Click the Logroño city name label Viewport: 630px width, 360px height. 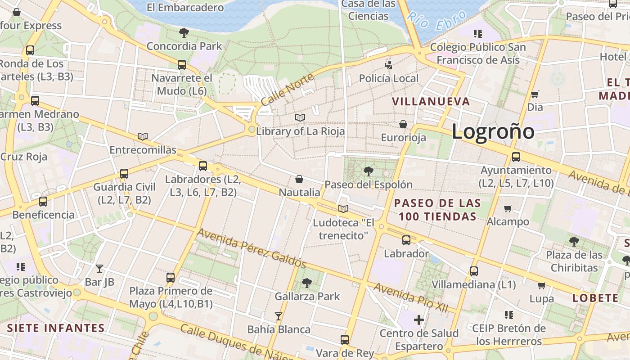click(x=493, y=131)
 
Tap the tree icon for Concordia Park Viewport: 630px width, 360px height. click(x=184, y=32)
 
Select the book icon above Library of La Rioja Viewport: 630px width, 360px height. click(x=300, y=117)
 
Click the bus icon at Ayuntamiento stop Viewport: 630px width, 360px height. click(x=516, y=157)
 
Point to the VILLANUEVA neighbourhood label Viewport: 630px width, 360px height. click(x=431, y=101)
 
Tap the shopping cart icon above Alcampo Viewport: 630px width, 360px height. click(x=508, y=208)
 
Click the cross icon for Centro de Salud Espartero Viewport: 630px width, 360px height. click(x=419, y=320)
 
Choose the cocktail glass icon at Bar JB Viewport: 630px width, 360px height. click(x=99, y=269)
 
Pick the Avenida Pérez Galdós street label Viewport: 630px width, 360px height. click(x=252, y=247)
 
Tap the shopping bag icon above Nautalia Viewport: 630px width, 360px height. click(x=299, y=180)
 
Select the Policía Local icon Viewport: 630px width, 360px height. click(x=389, y=65)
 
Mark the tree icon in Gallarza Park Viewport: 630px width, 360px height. click(x=307, y=283)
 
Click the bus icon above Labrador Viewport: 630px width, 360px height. click(x=406, y=240)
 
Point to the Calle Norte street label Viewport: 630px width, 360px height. click(x=287, y=90)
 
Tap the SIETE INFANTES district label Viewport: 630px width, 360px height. click(x=56, y=328)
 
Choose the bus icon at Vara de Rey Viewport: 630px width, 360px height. click(x=345, y=340)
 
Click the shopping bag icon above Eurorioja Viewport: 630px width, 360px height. click(x=403, y=124)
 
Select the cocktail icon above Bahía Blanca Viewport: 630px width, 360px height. click(x=279, y=316)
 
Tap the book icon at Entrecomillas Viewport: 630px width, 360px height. click(x=143, y=136)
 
